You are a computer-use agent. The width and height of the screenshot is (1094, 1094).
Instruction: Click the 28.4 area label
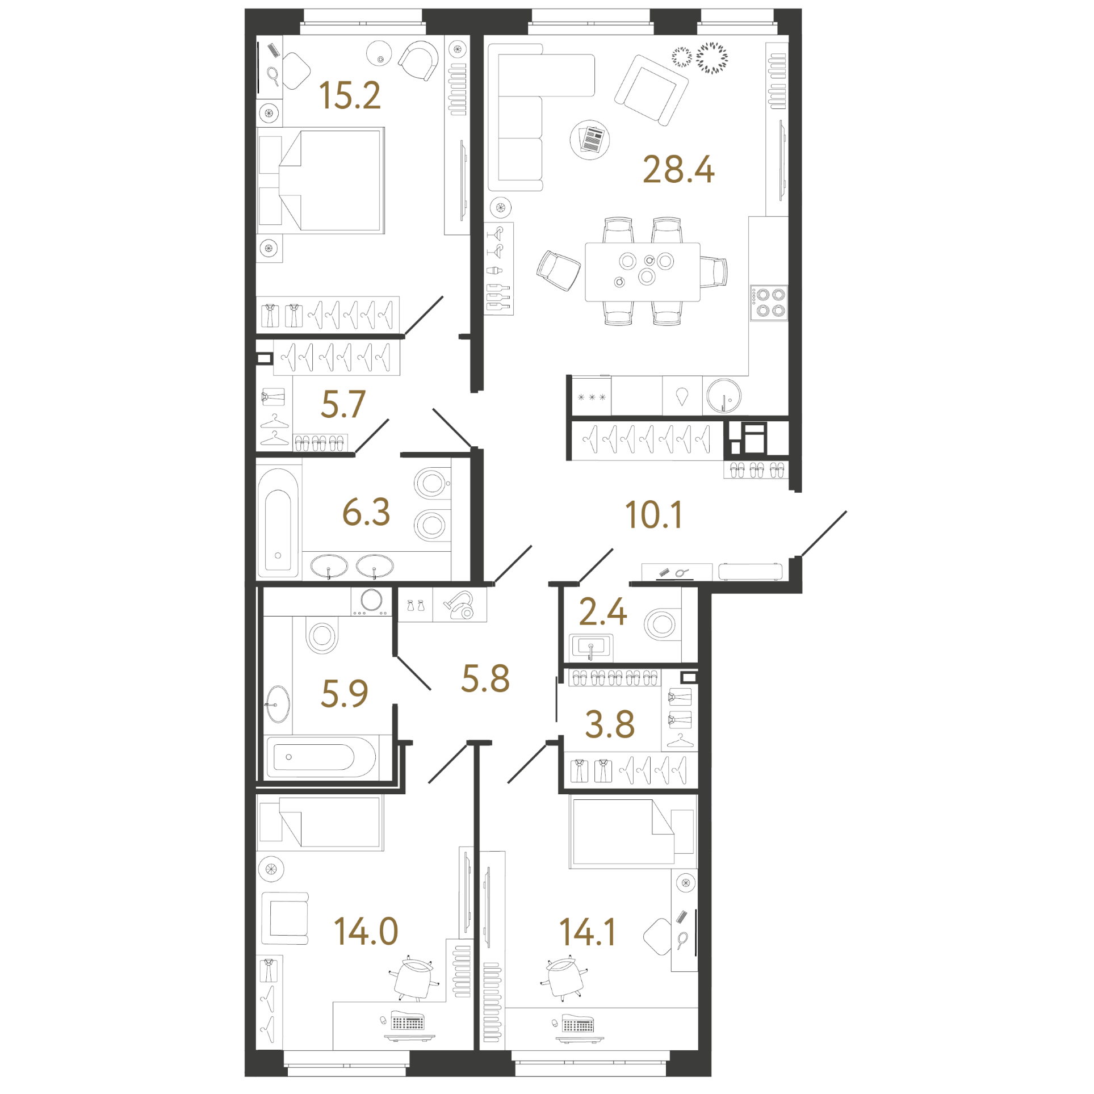click(678, 170)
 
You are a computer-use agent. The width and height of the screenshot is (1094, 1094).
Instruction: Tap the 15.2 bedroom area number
click(350, 95)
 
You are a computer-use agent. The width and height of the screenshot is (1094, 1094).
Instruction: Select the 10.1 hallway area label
click(653, 515)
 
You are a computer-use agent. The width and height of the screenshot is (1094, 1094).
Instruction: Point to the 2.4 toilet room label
click(603, 612)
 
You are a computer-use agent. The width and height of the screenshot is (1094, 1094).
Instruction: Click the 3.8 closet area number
click(610, 724)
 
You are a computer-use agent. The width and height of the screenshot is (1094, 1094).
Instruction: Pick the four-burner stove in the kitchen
click(769, 303)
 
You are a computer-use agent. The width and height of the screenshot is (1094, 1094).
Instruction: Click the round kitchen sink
click(724, 396)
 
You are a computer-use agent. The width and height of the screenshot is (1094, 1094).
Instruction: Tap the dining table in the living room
click(642, 272)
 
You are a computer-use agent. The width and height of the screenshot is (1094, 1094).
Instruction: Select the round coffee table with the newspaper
click(590, 140)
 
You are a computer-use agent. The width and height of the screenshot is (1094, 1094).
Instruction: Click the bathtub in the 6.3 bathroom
click(278, 523)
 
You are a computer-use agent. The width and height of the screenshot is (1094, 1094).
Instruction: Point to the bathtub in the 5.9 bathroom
click(321, 757)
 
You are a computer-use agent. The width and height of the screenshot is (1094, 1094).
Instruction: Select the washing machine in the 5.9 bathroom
click(371, 601)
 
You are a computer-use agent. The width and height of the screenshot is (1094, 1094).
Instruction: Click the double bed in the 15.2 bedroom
click(321, 181)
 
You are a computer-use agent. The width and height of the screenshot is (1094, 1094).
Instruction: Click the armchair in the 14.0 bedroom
click(285, 919)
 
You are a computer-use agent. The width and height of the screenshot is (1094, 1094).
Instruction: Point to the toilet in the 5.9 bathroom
click(322, 635)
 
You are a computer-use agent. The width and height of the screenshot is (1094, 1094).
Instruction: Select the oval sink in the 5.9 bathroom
click(278, 704)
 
